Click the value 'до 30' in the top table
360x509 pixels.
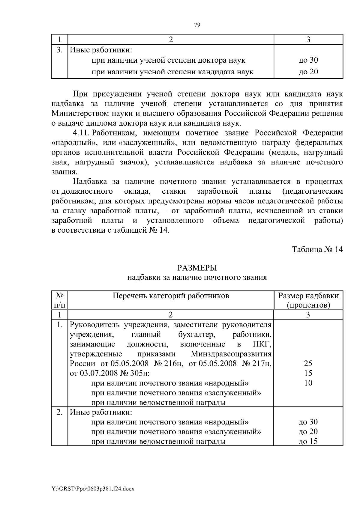point(308,60)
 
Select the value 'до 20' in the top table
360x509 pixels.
point(308,72)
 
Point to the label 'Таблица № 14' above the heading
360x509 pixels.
point(317,250)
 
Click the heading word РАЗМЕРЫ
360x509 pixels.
point(197,268)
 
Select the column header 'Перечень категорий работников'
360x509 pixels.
point(171,296)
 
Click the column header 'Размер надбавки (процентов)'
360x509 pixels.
point(308,300)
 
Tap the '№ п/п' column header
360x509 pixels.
point(60,300)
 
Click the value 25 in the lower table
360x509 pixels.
point(308,364)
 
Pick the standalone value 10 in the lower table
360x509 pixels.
point(308,383)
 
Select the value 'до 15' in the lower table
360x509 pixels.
point(308,441)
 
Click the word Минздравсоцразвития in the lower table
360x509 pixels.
point(231,354)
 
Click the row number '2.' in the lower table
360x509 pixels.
point(59,412)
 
